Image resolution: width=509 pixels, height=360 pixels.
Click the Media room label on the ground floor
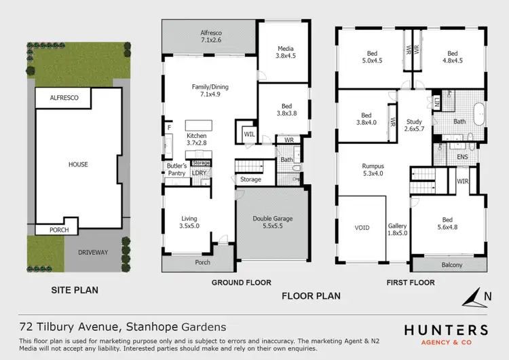pos(284,52)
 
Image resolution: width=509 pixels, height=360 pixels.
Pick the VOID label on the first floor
pos(362,228)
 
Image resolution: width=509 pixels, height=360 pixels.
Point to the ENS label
pos(462,157)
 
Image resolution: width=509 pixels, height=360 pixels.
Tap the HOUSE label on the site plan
pos(78,164)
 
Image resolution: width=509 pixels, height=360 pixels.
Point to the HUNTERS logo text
pos(446,330)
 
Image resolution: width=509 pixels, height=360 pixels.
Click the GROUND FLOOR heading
pos(241,283)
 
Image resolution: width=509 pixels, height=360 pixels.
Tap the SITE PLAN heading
pos(75,290)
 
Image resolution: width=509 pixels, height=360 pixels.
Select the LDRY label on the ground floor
pos(200,173)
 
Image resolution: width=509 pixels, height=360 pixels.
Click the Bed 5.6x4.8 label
pos(447,224)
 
